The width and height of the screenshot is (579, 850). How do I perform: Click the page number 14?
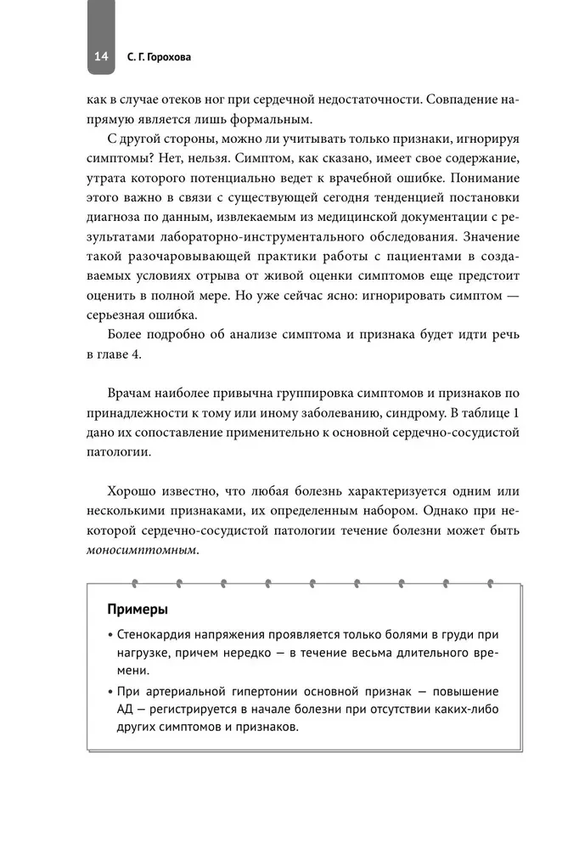100,57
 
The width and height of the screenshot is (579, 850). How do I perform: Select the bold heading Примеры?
138,609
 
